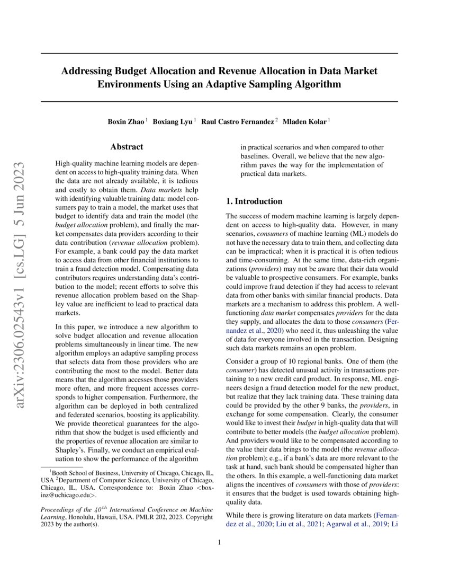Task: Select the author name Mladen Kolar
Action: pos(304,121)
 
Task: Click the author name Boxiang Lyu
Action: pos(173,121)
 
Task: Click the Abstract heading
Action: pos(127,147)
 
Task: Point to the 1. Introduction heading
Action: pos(254,201)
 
